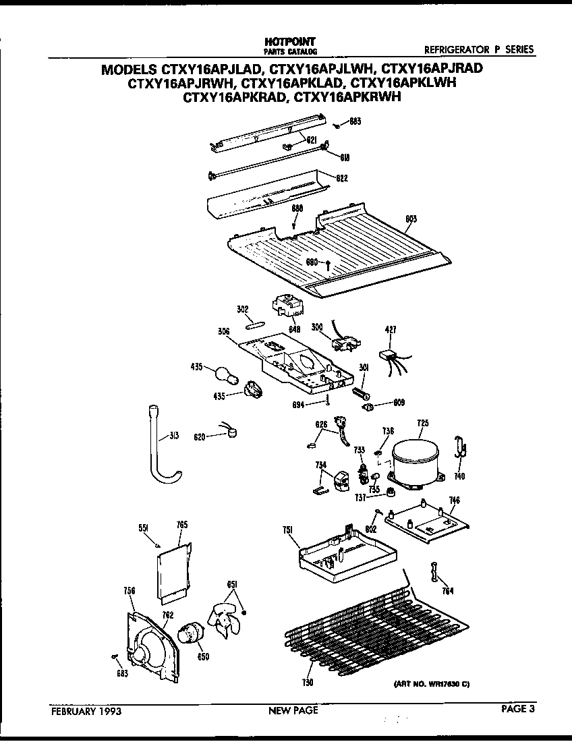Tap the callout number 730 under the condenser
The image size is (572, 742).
pyautogui.click(x=308, y=683)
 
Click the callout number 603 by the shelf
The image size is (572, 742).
pyautogui.click(x=410, y=218)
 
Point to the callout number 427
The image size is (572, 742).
pyautogui.click(x=391, y=329)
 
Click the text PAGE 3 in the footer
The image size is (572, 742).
pyautogui.click(x=517, y=709)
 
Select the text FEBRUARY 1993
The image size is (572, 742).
pyautogui.click(x=86, y=710)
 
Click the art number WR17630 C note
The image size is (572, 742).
pyautogui.click(x=431, y=684)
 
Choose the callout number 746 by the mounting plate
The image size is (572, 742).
pyautogui.click(x=455, y=501)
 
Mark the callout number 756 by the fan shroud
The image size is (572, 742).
pyautogui.click(x=130, y=591)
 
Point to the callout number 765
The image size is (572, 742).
pyautogui.click(x=182, y=525)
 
